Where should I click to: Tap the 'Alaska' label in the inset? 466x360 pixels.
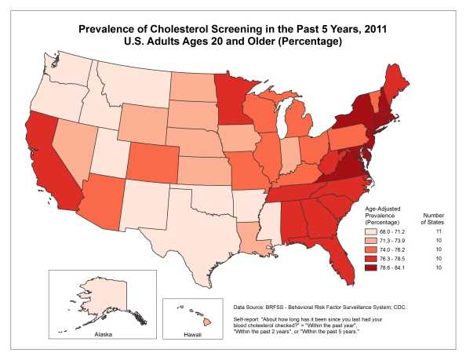click(92, 332)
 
